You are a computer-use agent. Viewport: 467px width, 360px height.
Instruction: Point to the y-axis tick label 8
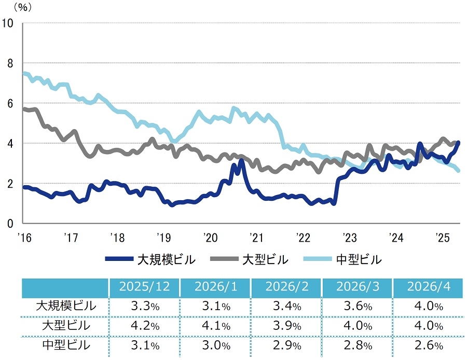[x=10, y=63]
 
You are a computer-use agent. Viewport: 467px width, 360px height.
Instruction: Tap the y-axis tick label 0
[x=10, y=224]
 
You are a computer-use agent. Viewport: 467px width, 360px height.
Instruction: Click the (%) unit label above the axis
[x=23, y=7]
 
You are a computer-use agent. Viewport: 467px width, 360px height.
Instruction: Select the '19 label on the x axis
[x=164, y=238]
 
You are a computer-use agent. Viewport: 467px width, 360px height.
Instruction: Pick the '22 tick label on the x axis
[x=303, y=238]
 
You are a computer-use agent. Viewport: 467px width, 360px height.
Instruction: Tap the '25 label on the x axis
[x=442, y=238]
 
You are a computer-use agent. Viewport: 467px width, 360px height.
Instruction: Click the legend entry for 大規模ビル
[x=150, y=259]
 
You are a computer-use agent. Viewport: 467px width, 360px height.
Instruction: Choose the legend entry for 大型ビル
[x=249, y=259]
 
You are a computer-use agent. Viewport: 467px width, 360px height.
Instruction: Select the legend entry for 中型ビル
[x=342, y=259]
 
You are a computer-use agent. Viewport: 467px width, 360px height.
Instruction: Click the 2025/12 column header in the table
[x=144, y=286]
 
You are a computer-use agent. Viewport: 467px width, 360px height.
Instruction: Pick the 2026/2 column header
[x=287, y=286]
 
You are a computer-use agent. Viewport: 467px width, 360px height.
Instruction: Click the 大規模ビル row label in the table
[x=66, y=306]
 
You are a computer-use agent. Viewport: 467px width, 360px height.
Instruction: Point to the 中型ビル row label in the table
[x=66, y=345]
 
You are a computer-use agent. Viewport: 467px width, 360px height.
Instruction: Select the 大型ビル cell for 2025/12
[x=145, y=326]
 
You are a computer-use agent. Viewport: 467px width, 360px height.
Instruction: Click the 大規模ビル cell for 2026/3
[x=358, y=306]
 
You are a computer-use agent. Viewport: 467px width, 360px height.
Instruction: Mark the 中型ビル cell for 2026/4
[x=429, y=345]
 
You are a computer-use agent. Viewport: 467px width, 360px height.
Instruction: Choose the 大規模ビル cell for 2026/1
[x=216, y=306]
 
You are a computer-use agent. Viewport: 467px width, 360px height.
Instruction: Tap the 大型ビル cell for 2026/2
[x=287, y=326]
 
